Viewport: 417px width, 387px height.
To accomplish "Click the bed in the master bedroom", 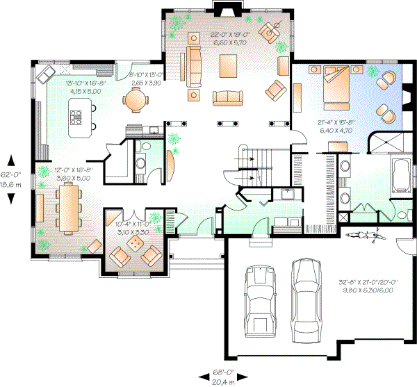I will coord(338,87).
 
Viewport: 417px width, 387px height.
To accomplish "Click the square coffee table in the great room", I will coord(228,66).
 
